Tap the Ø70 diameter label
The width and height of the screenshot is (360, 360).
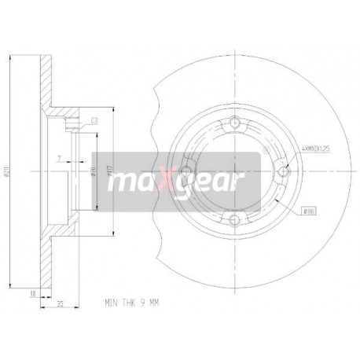coord(96,169)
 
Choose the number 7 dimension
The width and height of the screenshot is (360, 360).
coord(60,158)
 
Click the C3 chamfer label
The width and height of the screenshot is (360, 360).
coord(94,120)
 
